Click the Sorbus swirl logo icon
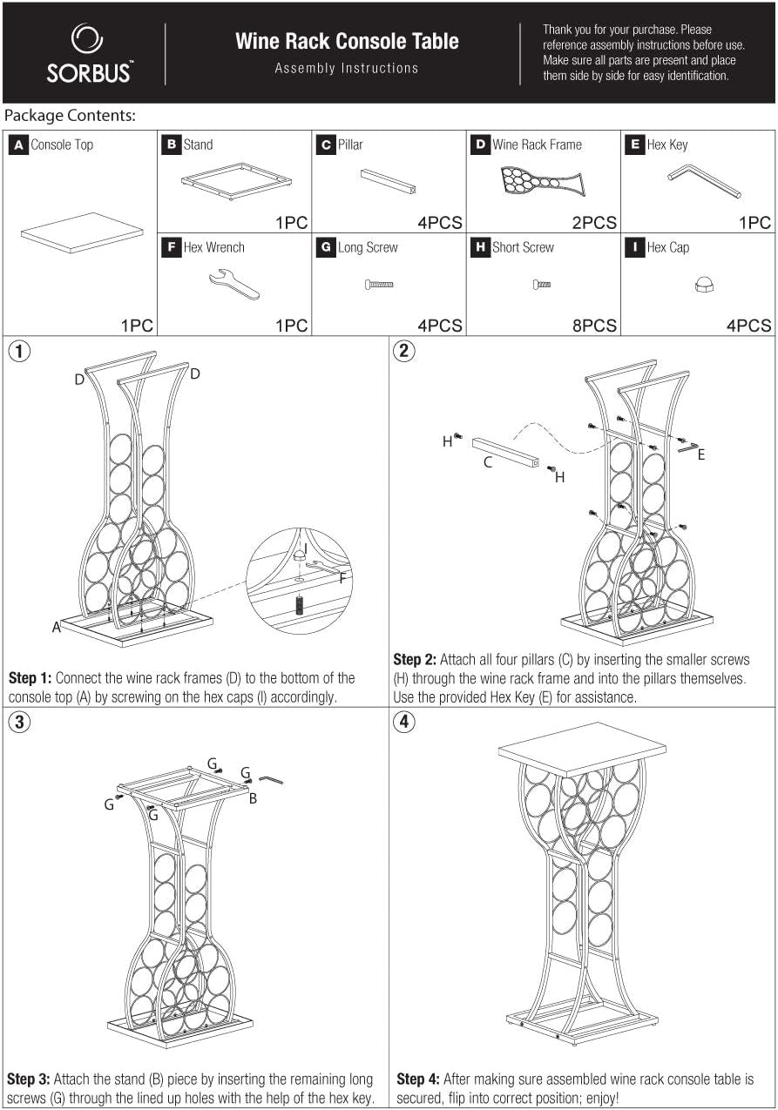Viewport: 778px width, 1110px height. point(87,38)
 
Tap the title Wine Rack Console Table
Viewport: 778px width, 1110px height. point(347,42)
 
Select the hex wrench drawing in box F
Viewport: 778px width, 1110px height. point(234,284)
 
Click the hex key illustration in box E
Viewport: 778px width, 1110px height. point(704,181)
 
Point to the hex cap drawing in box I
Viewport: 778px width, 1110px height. point(704,285)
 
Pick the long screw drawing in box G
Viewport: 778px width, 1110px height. point(379,285)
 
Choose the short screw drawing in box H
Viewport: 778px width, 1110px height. point(542,285)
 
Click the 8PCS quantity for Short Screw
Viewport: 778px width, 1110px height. point(594,326)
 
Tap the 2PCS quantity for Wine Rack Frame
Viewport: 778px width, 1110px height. point(594,223)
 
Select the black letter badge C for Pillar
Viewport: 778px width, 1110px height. point(326,145)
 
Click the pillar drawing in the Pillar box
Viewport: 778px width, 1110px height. point(389,181)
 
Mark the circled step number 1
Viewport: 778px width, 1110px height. point(19,352)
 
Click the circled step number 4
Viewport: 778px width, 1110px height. point(404,722)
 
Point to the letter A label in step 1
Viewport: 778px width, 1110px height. point(57,628)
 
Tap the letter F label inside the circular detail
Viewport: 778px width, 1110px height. point(342,578)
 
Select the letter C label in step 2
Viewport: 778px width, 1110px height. point(488,462)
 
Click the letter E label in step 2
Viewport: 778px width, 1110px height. point(701,454)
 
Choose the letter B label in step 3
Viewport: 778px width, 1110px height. point(253,798)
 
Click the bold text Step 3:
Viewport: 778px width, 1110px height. point(28,1079)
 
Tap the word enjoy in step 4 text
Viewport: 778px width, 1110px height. point(601,1098)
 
